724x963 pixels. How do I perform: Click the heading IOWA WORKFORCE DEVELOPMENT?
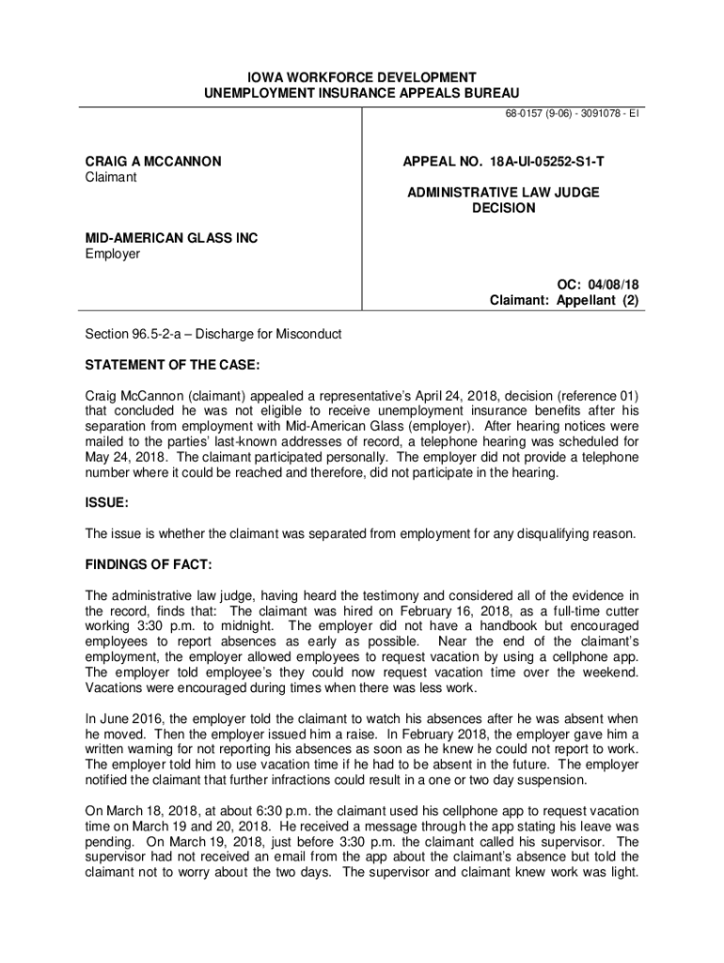(362, 76)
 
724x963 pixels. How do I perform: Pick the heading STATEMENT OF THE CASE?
(173, 364)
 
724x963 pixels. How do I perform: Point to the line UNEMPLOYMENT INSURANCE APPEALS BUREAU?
(362, 92)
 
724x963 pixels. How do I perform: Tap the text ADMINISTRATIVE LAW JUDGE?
(503, 193)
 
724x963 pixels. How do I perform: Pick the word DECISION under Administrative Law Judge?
(503, 208)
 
